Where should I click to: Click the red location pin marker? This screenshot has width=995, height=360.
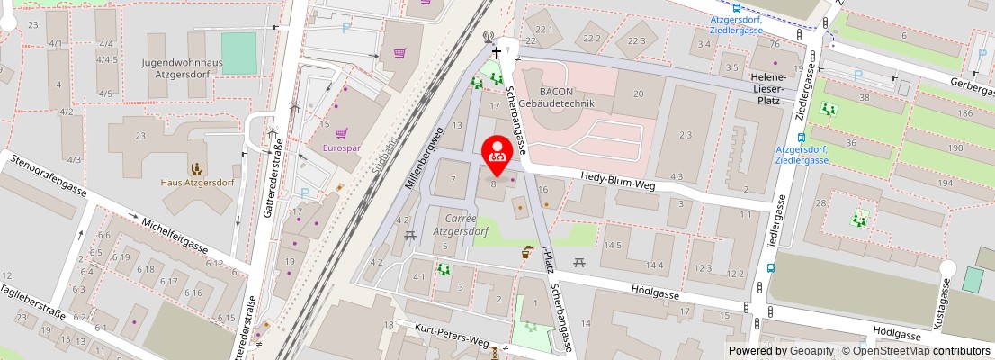click(x=497, y=152)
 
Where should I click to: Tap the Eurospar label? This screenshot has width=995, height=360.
click(x=341, y=148)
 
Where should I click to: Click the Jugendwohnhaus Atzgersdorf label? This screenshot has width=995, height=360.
click(x=183, y=69)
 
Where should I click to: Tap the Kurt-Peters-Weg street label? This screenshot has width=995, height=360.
click(x=458, y=338)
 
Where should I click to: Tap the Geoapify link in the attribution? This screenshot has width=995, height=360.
click(x=811, y=351)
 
